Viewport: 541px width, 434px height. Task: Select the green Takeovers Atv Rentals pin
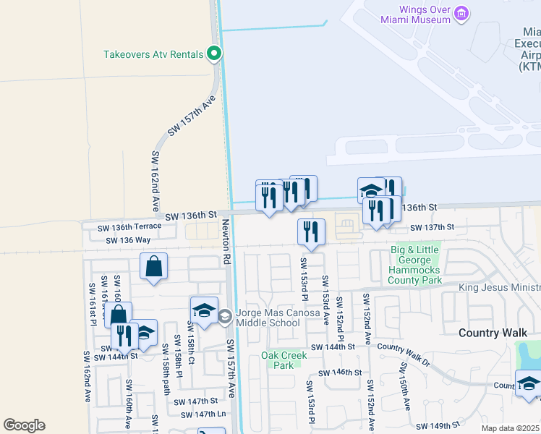pos(213,54)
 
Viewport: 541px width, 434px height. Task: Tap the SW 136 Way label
pos(128,240)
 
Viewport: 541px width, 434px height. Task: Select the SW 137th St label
pos(432,227)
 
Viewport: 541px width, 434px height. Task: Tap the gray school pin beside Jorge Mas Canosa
pos(226,315)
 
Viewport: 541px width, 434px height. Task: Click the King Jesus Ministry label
pos(499,288)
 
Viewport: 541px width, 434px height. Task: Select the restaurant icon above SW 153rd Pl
pos(311,232)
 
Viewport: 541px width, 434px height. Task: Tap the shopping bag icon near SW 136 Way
pos(155,266)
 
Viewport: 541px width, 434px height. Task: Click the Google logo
pos(24,425)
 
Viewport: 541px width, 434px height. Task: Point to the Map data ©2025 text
pos(511,428)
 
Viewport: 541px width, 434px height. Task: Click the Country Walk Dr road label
pos(403,352)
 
